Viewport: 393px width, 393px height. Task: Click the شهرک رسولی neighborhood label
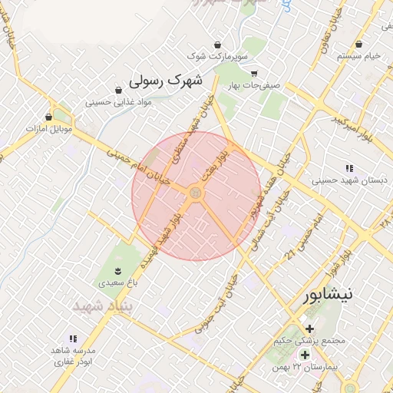click(165, 80)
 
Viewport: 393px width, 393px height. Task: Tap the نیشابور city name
click(329, 295)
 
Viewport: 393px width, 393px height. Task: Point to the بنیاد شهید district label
click(103, 306)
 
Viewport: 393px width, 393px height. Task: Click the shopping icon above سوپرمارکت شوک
click(219, 44)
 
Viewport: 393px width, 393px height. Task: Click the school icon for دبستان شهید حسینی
click(350, 168)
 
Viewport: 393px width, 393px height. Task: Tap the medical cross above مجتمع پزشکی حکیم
click(309, 329)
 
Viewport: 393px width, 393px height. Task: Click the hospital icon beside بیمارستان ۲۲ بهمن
click(305, 355)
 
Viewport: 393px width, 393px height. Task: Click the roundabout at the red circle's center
click(196, 193)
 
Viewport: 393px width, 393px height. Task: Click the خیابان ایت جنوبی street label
click(216, 302)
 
